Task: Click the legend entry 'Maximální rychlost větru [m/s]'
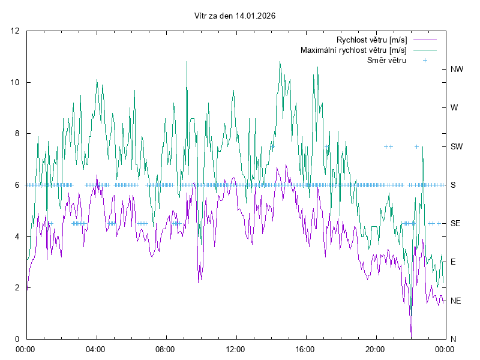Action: [353, 50]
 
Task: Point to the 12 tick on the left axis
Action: [16, 31]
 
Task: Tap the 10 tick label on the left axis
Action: [16, 82]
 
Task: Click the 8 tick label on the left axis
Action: [17, 134]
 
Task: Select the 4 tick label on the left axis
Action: [17, 236]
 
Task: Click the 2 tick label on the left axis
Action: [17, 287]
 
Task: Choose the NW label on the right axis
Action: [457, 69]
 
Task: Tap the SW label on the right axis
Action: [457, 146]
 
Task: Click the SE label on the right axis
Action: [456, 223]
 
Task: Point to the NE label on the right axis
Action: [456, 301]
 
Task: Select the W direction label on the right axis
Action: [454, 108]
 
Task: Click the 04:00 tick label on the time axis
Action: [95, 349]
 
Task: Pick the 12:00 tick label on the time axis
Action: [235, 349]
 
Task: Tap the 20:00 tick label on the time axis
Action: [375, 349]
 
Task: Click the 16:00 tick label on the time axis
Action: [305, 349]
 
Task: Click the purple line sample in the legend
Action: [424, 40]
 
